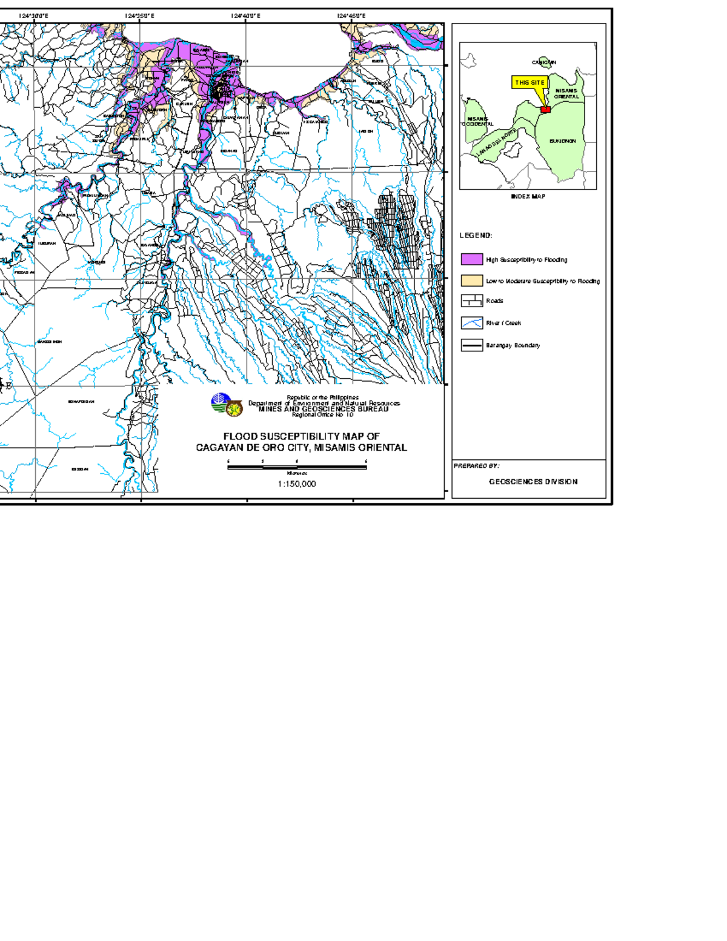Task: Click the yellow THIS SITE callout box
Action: tap(529, 82)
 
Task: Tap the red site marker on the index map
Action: tap(545, 110)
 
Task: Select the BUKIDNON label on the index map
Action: tap(562, 141)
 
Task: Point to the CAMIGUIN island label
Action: tap(543, 62)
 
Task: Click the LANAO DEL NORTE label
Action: tap(496, 143)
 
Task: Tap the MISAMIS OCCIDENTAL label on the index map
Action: tap(478, 121)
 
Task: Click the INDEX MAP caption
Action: tap(528, 196)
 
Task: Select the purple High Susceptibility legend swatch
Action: tap(472, 259)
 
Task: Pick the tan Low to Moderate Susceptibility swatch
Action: tap(472, 281)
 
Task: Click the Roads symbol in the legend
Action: tap(472, 301)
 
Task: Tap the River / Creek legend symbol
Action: tap(472, 323)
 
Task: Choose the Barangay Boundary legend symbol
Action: tap(472, 345)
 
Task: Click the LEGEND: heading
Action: tap(476, 236)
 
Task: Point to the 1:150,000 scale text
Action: tap(297, 484)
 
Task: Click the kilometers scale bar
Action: tap(297, 467)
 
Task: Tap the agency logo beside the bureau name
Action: tap(227, 405)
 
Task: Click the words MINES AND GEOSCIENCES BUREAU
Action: tap(324, 409)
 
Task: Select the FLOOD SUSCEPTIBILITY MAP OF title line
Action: tap(301, 436)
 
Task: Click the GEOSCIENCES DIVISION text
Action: tap(533, 482)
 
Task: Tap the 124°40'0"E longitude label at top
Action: tap(246, 16)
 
